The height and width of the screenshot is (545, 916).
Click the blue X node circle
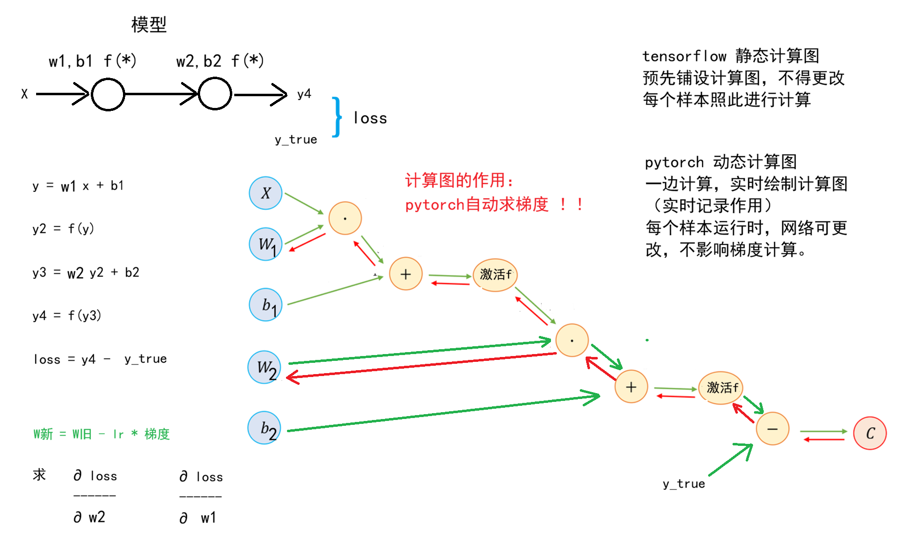(x=265, y=193)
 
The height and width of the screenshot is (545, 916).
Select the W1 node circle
(x=265, y=244)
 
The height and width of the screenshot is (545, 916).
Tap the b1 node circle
(x=265, y=305)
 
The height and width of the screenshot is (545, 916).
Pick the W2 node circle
(x=265, y=367)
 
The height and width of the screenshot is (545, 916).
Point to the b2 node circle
(x=265, y=428)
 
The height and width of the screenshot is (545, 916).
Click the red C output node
(x=870, y=433)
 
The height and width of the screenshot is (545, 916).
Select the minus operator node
(x=773, y=429)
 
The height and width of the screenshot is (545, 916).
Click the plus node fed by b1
(x=406, y=273)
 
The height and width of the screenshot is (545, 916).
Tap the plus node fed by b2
(x=631, y=386)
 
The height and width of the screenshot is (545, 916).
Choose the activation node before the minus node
(x=721, y=388)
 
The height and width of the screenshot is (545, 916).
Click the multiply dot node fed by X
(x=345, y=218)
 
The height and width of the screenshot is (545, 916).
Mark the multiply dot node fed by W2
(x=572, y=340)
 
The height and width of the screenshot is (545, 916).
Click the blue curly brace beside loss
(x=337, y=117)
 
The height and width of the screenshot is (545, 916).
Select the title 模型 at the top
(x=149, y=24)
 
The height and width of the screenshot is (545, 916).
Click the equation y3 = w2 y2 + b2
(x=86, y=272)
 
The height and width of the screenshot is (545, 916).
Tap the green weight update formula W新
(x=102, y=434)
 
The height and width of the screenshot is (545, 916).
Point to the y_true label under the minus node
(x=684, y=484)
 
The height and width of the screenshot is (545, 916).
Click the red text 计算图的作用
(x=459, y=180)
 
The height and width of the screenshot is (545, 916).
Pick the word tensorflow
(x=684, y=56)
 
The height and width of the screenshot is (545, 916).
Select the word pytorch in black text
(x=674, y=163)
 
